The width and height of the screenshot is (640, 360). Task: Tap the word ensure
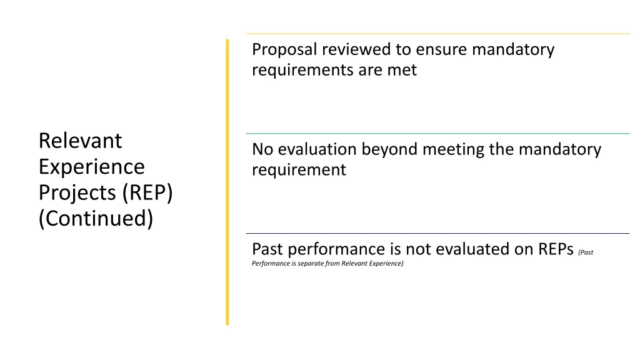click(442, 50)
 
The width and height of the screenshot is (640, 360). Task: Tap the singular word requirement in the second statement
click(299, 170)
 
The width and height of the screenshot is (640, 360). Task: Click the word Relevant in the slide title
click(80, 141)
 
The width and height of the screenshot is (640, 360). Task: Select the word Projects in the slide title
click(78, 193)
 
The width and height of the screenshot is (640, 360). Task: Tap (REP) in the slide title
click(148, 193)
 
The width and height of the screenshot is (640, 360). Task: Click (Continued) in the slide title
click(95, 219)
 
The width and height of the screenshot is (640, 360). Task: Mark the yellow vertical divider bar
click(227, 181)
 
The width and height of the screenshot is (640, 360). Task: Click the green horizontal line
click(437, 133)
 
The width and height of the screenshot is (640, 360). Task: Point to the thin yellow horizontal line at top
click(437, 34)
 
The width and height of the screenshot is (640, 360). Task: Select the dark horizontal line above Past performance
click(437, 233)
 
